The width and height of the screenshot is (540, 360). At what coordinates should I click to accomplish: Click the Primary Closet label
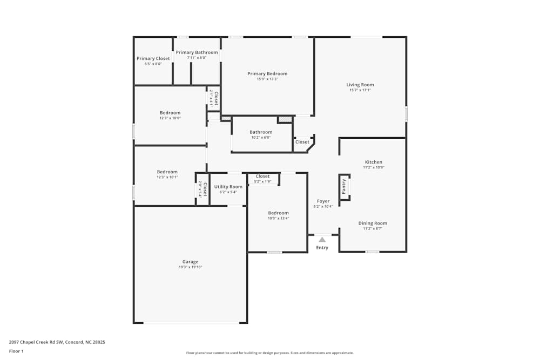[153, 58]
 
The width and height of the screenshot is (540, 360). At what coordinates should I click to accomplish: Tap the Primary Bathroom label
[197, 52]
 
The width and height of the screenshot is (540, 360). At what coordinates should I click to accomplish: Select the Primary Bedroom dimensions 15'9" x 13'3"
[267, 79]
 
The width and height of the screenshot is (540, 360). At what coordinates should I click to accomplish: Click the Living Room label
[360, 85]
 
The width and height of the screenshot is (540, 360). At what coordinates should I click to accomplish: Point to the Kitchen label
[373, 162]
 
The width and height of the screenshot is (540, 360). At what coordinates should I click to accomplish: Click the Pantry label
[344, 187]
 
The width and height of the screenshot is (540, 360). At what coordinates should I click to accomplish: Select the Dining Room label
[373, 223]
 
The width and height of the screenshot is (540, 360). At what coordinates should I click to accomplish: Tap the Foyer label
[323, 201]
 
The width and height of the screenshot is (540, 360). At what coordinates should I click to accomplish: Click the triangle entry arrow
[322, 239]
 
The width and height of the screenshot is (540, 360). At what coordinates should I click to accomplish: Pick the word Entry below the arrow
[322, 248]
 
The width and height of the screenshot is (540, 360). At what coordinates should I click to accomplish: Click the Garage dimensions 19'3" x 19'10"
[190, 267]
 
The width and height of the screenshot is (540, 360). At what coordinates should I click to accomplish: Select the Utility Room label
[228, 187]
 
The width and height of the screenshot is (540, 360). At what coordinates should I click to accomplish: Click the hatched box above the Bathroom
[285, 119]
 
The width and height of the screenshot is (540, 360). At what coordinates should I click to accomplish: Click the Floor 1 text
[16, 351]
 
